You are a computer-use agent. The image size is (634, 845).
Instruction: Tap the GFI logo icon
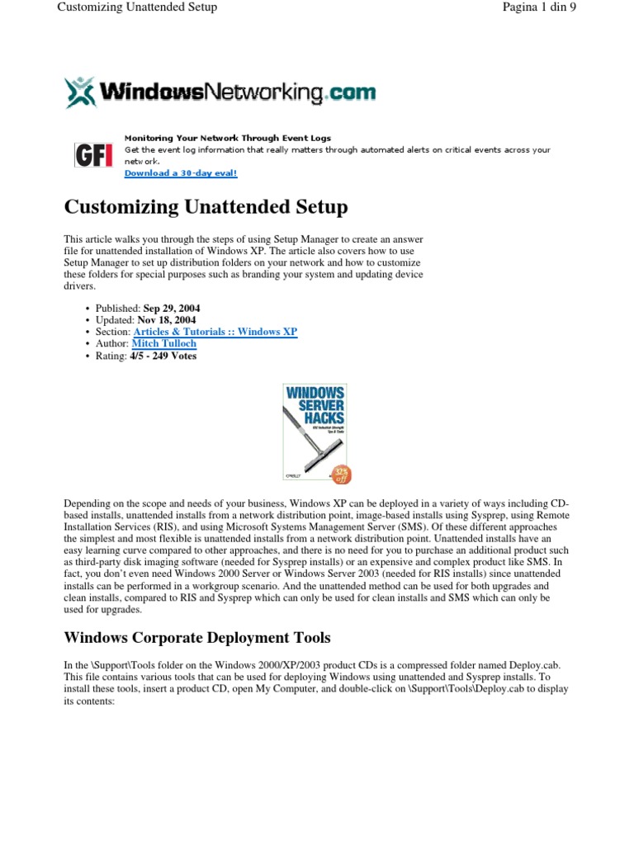pos(93,155)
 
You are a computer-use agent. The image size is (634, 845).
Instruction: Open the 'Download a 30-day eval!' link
pos(180,173)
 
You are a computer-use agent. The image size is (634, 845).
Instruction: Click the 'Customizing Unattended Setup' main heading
pos(206,206)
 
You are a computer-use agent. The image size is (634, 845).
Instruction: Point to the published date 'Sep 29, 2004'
pos(171,309)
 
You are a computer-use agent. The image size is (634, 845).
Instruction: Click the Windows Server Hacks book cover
pos(315,432)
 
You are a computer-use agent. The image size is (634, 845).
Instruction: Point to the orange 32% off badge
pos(341,474)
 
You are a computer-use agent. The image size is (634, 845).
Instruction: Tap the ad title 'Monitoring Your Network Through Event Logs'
pos(227,138)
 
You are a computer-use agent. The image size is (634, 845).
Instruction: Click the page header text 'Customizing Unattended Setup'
pos(137,7)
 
